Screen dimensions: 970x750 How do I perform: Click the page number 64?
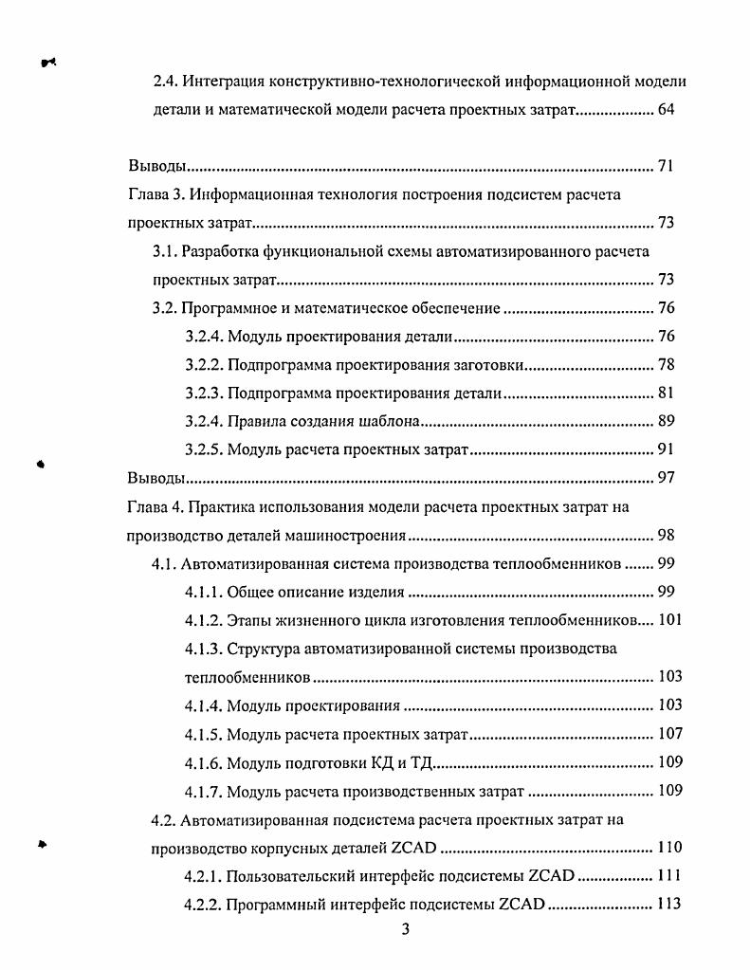(666, 110)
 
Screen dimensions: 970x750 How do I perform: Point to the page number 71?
(666, 167)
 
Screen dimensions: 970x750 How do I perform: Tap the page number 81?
(666, 394)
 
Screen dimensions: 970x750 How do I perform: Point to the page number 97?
(666, 477)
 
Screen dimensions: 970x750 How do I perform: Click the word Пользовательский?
(296, 876)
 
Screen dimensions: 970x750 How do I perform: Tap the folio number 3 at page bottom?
(405, 929)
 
